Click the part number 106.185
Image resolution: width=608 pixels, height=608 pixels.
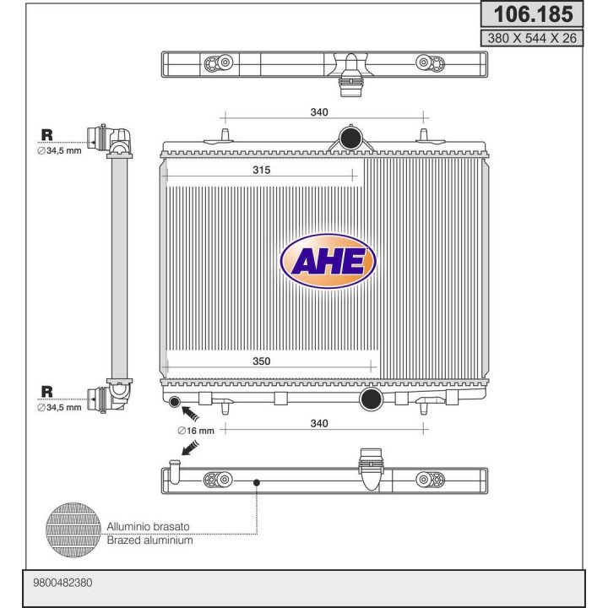click(533, 14)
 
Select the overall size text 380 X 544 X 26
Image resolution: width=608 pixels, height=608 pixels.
click(532, 38)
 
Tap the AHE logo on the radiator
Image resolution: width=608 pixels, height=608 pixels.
click(328, 261)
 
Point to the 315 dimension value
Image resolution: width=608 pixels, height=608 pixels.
click(261, 170)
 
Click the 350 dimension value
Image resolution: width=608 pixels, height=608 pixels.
click(261, 361)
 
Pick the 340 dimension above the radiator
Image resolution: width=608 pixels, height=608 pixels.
click(319, 112)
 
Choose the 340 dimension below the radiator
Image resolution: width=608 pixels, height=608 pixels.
click(319, 423)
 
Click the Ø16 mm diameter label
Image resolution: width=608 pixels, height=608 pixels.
click(196, 431)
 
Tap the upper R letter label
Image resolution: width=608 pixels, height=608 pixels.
click(47, 135)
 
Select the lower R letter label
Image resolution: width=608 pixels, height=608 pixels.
click(47, 392)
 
